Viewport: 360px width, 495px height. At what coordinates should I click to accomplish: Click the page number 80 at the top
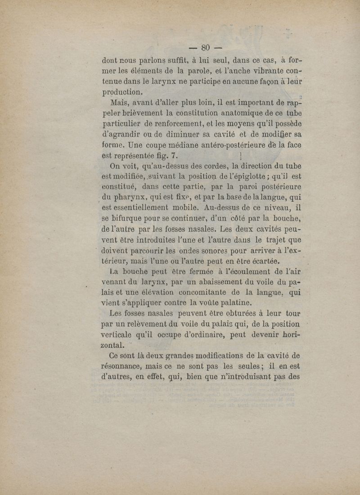[207, 47]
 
